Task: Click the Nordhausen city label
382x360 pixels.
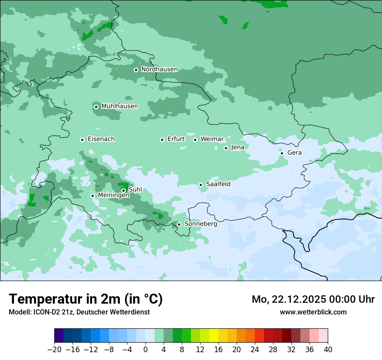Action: [x=159, y=69]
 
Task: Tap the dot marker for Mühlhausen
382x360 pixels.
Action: [x=96, y=107]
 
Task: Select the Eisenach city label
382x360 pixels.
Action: [x=101, y=139]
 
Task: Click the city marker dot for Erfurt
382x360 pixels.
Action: [x=162, y=140]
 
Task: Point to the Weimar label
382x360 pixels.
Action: [x=212, y=139]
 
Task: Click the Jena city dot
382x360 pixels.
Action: [x=226, y=148]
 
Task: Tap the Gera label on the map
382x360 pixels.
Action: [x=294, y=153]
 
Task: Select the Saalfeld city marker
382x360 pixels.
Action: [x=201, y=185]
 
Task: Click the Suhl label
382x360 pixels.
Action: [x=135, y=190]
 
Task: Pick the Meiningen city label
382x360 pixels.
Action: [x=113, y=196]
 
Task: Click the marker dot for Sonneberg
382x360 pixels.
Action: [x=179, y=224]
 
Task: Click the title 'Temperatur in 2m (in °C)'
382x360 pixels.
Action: [x=86, y=299]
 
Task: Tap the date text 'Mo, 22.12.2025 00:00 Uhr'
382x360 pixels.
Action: [x=313, y=299]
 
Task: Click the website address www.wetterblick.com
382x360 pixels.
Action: [x=313, y=312]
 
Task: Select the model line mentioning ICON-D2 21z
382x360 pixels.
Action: [x=79, y=312]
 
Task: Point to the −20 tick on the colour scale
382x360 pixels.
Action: [x=54, y=350]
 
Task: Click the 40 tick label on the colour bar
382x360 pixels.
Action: [x=328, y=350]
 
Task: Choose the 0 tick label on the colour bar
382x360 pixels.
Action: [x=145, y=350]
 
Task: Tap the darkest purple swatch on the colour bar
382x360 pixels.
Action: [x=59, y=336]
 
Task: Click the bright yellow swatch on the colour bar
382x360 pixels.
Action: [x=214, y=336]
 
